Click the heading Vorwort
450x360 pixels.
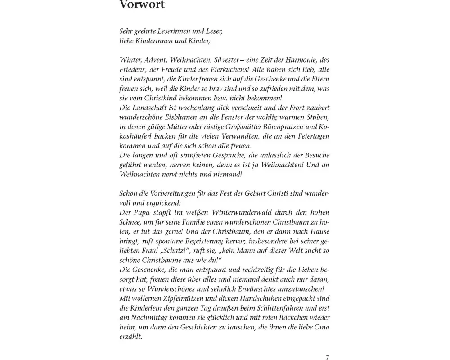142,5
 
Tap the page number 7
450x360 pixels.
327,358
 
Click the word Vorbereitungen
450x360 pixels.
166,193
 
